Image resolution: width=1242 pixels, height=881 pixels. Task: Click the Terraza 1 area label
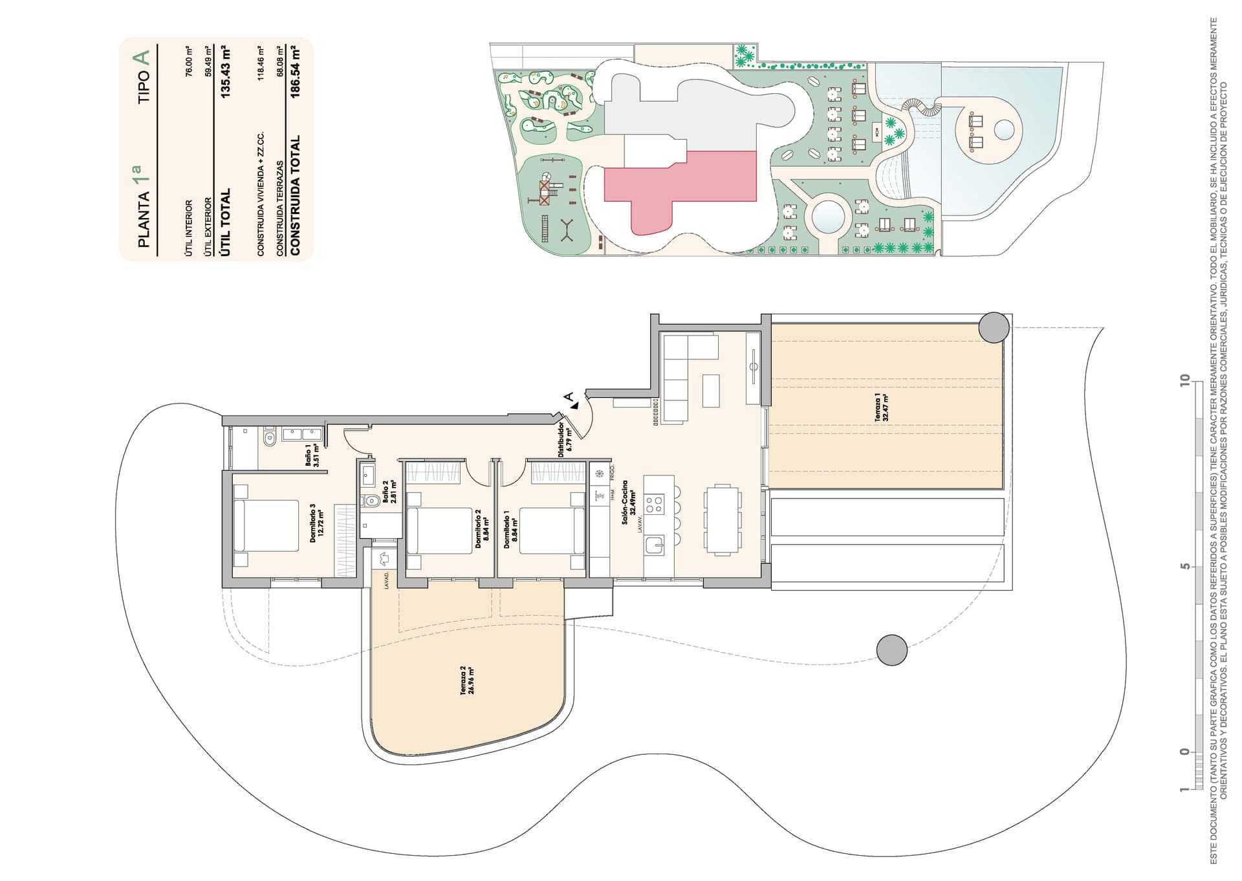882,408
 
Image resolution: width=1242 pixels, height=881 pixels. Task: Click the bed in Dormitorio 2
440,530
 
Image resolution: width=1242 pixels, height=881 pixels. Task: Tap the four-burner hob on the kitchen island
655,504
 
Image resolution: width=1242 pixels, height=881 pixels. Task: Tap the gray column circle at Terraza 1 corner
993,328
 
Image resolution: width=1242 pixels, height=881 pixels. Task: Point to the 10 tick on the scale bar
1184,380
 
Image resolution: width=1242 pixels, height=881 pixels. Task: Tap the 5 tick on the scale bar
1184,566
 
